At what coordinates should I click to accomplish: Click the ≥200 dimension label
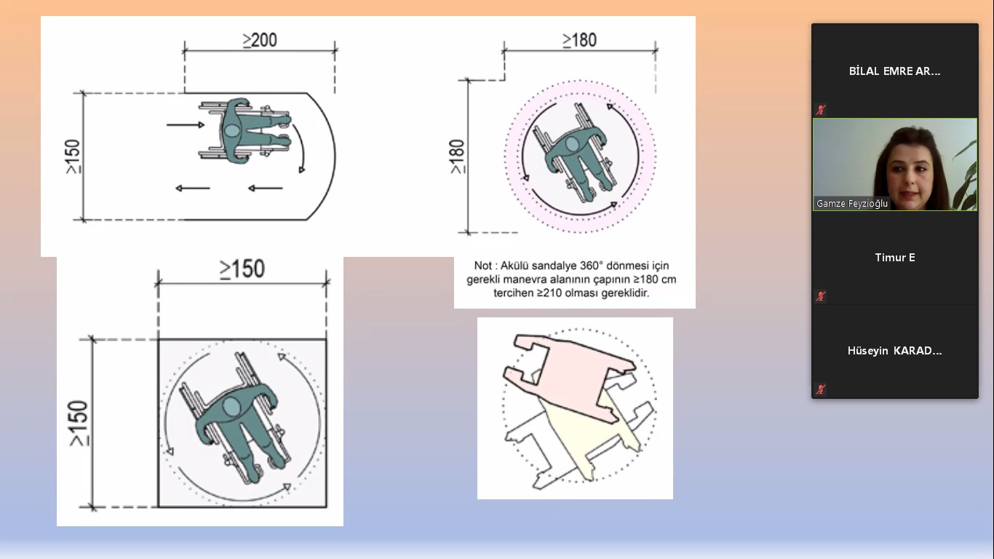click(x=260, y=41)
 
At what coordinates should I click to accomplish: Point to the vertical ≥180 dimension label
click(x=457, y=156)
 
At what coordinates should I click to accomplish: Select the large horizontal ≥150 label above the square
click(x=242, y=269)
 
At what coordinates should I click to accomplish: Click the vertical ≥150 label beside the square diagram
click(x=79, y=423)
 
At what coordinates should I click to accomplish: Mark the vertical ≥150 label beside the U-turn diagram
click(x=73, y=156)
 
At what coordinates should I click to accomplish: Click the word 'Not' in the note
click(x=482, y=266)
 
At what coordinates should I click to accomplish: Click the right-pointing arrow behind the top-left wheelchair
click(x=186, y=125)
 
